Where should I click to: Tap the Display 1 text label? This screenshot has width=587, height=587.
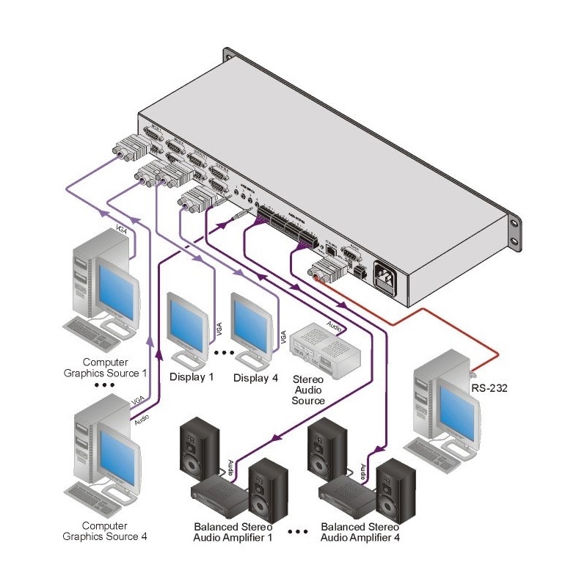point(192,378)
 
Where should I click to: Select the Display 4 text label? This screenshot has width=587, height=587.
point(255,378)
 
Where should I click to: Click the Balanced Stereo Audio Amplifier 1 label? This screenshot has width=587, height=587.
point(233,533)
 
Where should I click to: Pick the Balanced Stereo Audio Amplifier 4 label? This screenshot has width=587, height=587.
point(360,533)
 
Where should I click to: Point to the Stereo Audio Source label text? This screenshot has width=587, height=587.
point(308,390)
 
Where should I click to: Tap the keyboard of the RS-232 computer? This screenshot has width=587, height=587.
point(440,448)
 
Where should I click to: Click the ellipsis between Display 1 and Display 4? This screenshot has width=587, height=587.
point(223,353)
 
